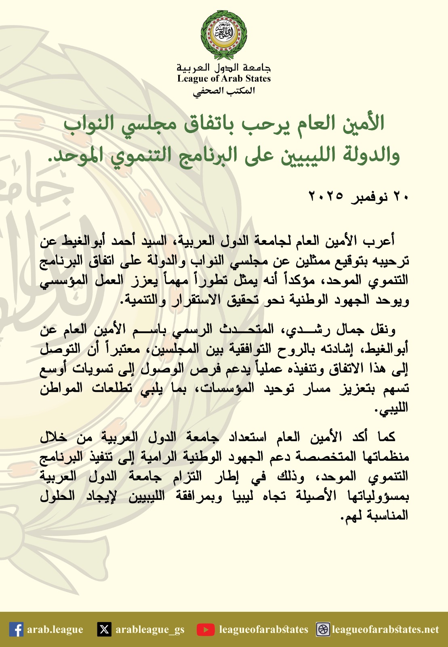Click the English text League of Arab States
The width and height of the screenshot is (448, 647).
(x=224, y=78)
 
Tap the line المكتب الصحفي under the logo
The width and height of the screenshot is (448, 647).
(x=224, y=91)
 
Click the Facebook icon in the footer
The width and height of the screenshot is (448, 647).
(x=16, y=630)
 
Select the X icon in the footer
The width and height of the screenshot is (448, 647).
(x=104, y=630)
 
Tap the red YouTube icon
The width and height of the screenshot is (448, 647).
(x=206, y=630)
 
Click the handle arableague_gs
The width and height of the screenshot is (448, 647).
(x=150, y=630)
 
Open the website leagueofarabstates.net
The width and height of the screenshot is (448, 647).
(x=385, y=630)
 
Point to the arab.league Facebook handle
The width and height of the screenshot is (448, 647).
(x=55, y=630)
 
